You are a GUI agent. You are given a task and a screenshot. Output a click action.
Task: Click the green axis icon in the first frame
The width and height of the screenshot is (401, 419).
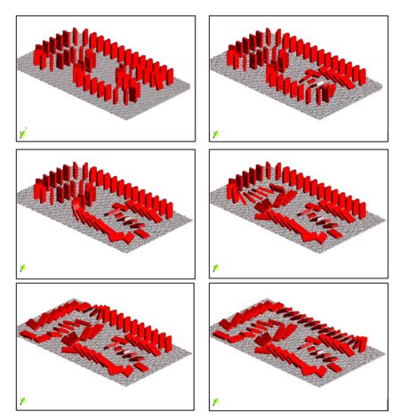coord(23,133)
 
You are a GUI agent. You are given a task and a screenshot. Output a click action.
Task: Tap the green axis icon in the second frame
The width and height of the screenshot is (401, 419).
coord(215,133)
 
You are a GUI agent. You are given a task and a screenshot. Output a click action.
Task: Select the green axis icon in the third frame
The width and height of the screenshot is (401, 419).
coord(22,267)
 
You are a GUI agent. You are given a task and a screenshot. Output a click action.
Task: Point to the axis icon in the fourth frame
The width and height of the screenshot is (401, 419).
coord(215,267)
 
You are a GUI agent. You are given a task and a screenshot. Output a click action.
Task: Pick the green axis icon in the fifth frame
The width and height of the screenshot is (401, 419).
coord(22,400)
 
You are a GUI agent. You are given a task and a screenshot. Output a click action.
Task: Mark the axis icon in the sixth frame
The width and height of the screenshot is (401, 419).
coord(215,400)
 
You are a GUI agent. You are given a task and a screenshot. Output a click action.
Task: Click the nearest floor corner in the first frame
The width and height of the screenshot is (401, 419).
coord(125,120)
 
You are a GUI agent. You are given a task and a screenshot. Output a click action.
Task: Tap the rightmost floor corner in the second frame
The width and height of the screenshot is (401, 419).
coord(384,82)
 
